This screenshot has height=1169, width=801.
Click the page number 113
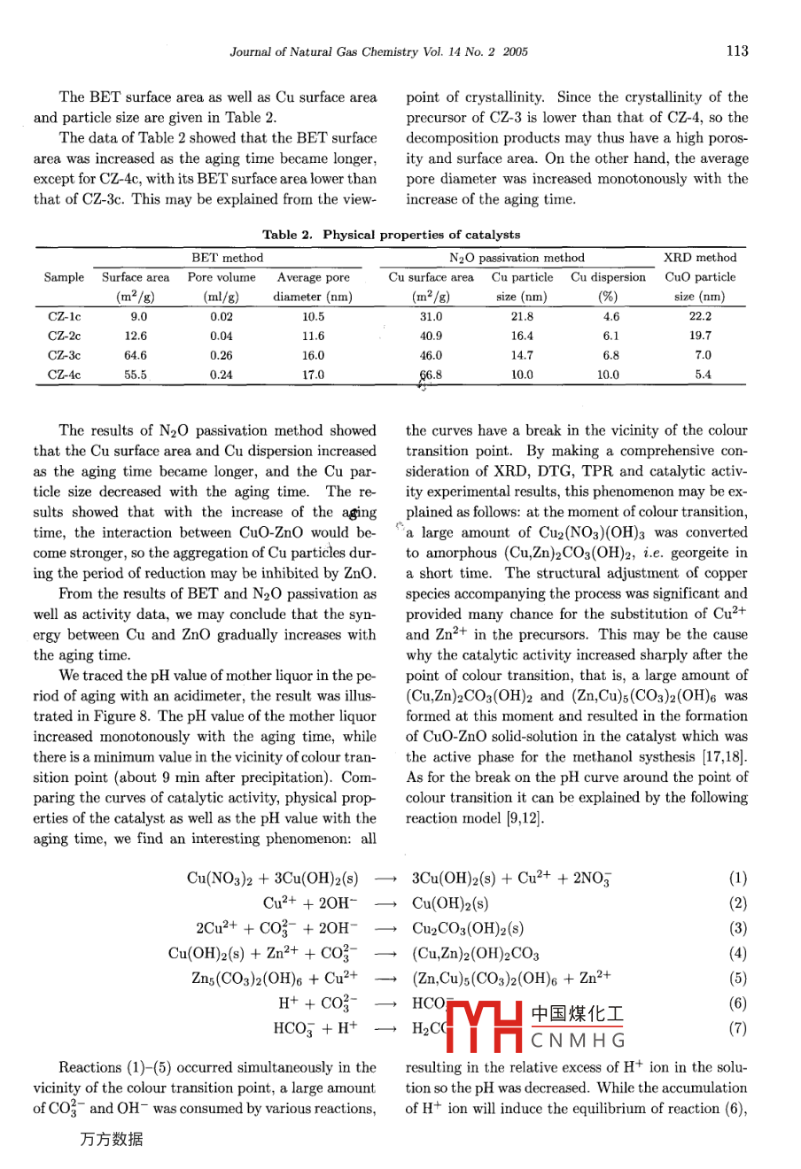[736, 51]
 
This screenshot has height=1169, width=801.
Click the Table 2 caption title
[392, 235]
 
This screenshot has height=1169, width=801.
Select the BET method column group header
[228, 258]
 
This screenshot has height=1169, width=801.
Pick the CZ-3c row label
[64, 355]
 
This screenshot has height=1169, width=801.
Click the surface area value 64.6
[136, 355]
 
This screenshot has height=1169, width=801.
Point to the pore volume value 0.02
[222, 316]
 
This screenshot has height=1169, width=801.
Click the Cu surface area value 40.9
[432, 336]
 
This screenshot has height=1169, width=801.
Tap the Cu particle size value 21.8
[522, 316]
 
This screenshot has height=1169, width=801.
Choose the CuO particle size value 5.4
[703, 375]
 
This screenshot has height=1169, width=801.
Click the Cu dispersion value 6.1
[610, 336]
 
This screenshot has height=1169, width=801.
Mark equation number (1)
[738, 879]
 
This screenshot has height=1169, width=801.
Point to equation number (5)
[738, 979]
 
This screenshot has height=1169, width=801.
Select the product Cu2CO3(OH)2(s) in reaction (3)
[467, 929]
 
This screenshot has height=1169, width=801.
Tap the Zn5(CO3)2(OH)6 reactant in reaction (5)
[248, 979]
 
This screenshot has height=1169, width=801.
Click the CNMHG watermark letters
[579, 1040]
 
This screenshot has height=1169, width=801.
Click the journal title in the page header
[378, 52]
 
